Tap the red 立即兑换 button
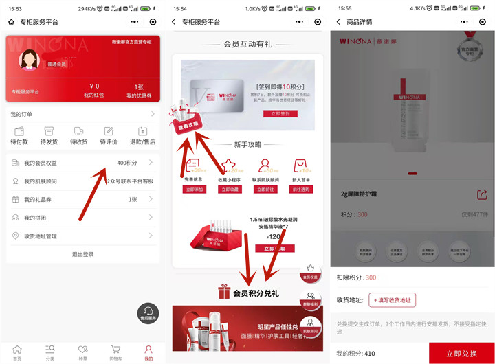pos(461,353)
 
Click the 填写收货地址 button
pos(393,299)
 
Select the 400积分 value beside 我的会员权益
pos(126,163)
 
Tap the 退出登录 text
pos(82,254)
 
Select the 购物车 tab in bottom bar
pos(115,353)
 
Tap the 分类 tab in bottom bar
pos(49,353)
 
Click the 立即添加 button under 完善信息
pos(195,189)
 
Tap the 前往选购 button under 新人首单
pos(300,189)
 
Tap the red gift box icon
pos(224,293)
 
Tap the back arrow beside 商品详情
pos(338,22)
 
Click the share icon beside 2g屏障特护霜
pos(482,195)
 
